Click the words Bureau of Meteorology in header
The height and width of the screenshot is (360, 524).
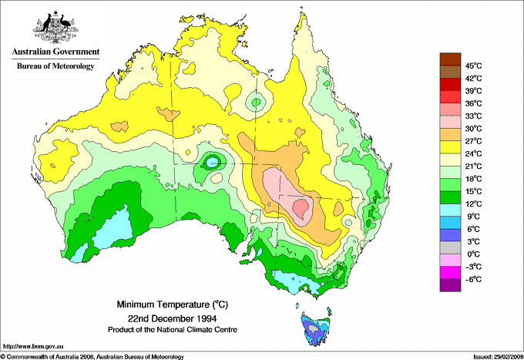click(55, 66)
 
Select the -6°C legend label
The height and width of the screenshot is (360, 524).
click(472, 278)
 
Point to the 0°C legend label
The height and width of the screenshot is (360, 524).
click(472, 254)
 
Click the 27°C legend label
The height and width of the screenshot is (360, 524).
click(472, 140)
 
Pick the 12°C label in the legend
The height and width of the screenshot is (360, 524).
click(472, 204)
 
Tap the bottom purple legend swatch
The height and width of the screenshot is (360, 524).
click(449, 285)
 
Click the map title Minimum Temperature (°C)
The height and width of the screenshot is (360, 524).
click(173, 304)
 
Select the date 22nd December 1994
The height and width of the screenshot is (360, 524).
click(173, 318)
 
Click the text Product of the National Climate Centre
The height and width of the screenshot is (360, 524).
click(173, 329)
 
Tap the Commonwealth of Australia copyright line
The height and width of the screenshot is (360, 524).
click(92, 356)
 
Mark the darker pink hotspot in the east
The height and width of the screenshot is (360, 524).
click(301, 207)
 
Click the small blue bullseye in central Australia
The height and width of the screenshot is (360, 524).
click(210, 162)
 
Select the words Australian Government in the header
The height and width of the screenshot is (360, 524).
click(55, 52)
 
